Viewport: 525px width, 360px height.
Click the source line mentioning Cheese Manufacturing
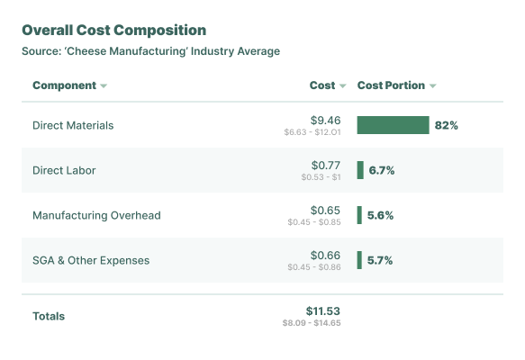pos(150,51)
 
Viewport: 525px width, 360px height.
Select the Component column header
pos(64,85)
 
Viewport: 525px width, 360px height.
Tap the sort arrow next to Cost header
pos(342,86)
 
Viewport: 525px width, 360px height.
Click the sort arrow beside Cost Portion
pos(433,86)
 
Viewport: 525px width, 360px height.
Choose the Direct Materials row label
pos(73,125)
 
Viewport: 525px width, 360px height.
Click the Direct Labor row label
pos(64,170)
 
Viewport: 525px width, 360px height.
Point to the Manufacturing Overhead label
pos(96,215)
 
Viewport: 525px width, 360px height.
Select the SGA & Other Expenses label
pos(91,260)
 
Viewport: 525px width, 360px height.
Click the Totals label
pos(49,316)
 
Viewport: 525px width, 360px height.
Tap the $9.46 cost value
pos(325,120)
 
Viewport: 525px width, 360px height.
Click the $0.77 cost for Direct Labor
pos(325,165)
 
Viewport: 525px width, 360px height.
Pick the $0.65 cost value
pos(325,210)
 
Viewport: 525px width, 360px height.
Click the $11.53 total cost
pos(322,310)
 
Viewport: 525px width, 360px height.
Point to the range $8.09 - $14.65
pos(311,322)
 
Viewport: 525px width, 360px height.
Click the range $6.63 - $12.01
pos(312,132)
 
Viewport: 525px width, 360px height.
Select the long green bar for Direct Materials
pos(393,125)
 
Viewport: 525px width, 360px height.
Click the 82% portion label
pos(446,125)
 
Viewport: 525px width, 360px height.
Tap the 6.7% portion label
pos(381,170)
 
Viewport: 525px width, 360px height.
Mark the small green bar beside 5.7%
pos(359,260)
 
